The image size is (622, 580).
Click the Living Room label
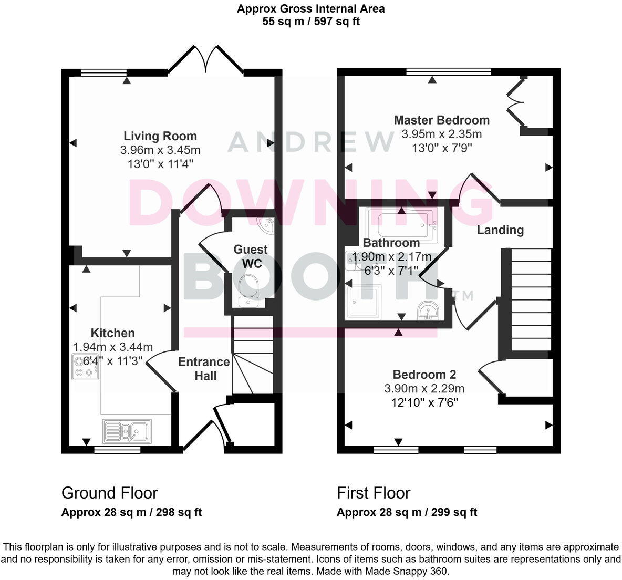coord(160,136)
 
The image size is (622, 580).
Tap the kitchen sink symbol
coord(128,431)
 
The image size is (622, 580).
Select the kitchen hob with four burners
coord(85,367)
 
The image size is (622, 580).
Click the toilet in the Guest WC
coord(247,291)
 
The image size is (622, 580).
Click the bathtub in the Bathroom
coord(402,224)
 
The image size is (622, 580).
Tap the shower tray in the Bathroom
coord(364,302)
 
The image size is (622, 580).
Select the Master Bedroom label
coord(441,120)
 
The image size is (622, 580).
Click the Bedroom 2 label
coord(424,375)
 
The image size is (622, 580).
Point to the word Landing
coord(500,230)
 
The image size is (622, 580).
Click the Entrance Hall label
coord(204,369)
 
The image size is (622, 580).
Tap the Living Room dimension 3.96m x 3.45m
coord(160,150)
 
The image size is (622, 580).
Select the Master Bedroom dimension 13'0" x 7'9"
coord(441,148)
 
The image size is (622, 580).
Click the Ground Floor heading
coord(109,493)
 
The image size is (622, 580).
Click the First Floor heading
coord(373,493)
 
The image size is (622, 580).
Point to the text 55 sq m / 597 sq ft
coord(311,22)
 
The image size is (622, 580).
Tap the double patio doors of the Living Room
coord(206,58)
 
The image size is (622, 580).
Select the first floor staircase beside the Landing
coord(531,299)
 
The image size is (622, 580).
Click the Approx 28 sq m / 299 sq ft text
coord(407,512)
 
